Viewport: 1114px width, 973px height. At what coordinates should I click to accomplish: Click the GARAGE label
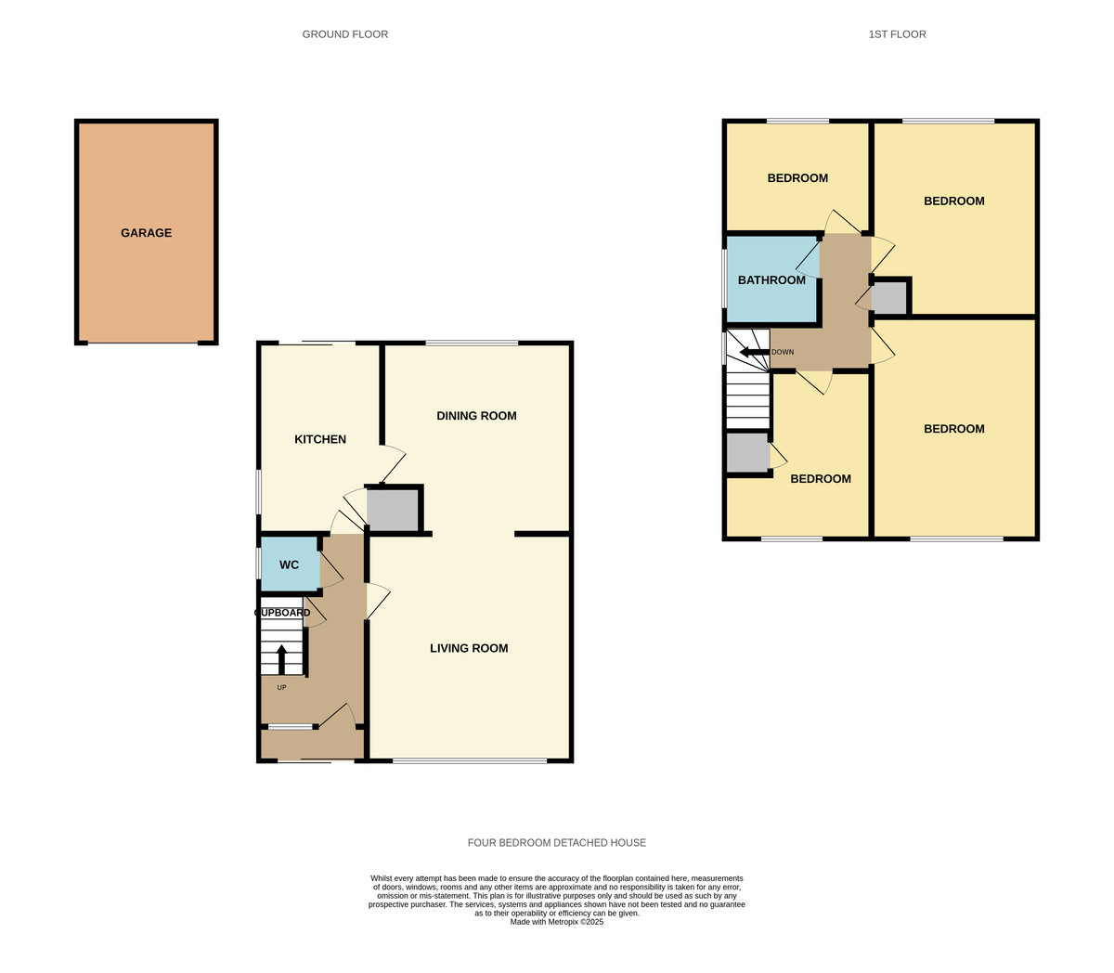pyautogui.click(x=146, y=233)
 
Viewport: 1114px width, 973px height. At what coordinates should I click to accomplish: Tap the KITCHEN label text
pyautogui.click(x=320, y=439)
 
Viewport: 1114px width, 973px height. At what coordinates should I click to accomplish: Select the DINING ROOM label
pyautogui.click(x=476, y=416)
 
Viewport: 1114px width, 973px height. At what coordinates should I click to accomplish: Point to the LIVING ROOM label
pyautogui.click(x=469, y=648)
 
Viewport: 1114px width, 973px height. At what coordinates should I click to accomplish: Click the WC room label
pyautogui.click(x=290, y=564)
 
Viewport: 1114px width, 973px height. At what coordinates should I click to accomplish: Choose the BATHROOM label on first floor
pyautogui.click(x=771, y=280)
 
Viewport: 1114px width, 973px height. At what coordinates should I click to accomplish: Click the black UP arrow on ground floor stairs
pyautogui.click(x=282, y=659)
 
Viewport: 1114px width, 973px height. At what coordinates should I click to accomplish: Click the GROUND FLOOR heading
pyautogui.click(x=345, y=34)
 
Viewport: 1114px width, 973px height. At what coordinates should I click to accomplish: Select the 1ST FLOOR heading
pyautogui.click(x=897, y=34)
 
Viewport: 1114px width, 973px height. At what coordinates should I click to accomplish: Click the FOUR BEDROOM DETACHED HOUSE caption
pyautogui.click(x=557, y=843)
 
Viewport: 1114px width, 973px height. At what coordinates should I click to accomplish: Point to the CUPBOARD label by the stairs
pyautogui.click(x=282, y=613)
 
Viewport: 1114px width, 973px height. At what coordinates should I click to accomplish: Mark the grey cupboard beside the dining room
pyautogui.click(x=393, y=510)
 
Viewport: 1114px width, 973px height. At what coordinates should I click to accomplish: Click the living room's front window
pyautogui.click(x=470, y=761)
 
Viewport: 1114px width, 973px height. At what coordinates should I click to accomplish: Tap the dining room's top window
pyautogui.click(x=472, y=344)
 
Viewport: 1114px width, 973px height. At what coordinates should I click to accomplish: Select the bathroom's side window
pyautogui.click(x=725, y=278)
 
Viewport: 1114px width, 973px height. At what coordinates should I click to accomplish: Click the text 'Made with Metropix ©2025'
pyautogui.click(x=557, y=922)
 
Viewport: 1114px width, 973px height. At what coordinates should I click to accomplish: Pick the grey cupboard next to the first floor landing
pyautogui.click(x=888, y=297)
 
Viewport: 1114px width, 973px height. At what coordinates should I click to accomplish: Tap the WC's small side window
pyautogui.click(x=259, y=564)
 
